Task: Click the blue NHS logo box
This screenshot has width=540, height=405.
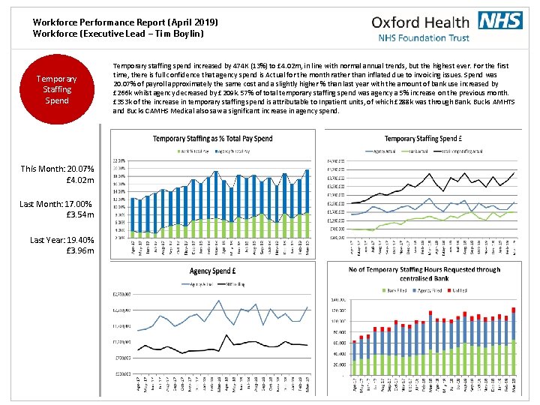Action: coord(500,20)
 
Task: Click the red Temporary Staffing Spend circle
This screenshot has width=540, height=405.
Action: coord(57,89)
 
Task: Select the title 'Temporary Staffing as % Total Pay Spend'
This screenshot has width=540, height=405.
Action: coord(216,139)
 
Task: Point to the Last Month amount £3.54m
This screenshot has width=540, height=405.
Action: coord(79,215)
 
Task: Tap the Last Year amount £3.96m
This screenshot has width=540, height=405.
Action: coord(79,250)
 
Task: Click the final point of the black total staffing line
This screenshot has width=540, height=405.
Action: coord(515,172)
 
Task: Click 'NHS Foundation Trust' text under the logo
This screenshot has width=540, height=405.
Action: coord(423,37)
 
